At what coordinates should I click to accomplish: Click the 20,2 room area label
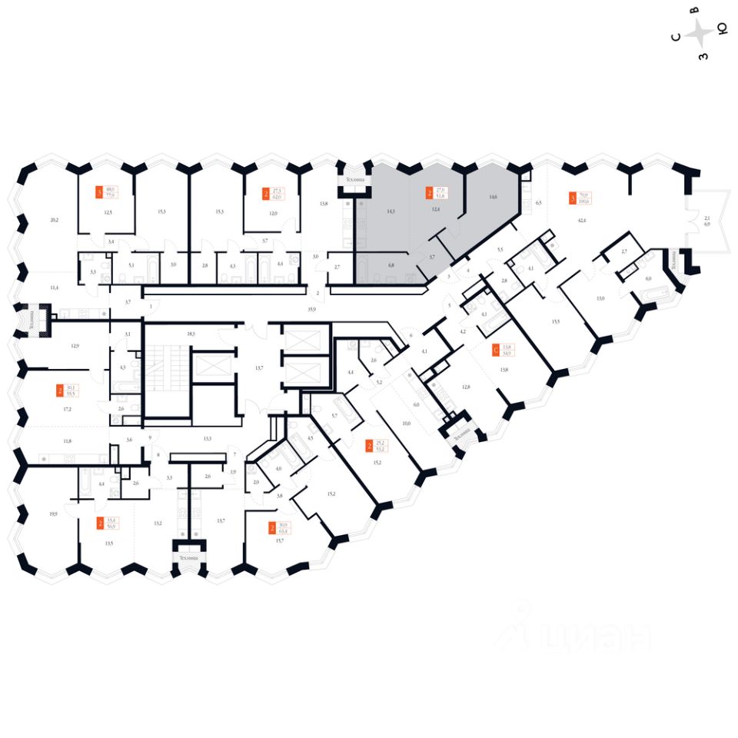pyautogui.click(x=54, y=220)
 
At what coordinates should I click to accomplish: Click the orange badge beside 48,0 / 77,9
pyautogui.click(x=98, y=194)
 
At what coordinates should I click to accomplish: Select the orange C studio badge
pyautogui.click(x=496, y=350)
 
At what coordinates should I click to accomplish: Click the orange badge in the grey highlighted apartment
pyautogui.click(x=429, y=192)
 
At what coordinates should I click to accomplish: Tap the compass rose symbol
pyautogui.click(x=700, y=33)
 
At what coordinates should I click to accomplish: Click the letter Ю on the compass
pyautogui.click(x=722, y=29)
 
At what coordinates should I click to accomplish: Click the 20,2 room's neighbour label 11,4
pyautogui.click(x=54, y=288)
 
